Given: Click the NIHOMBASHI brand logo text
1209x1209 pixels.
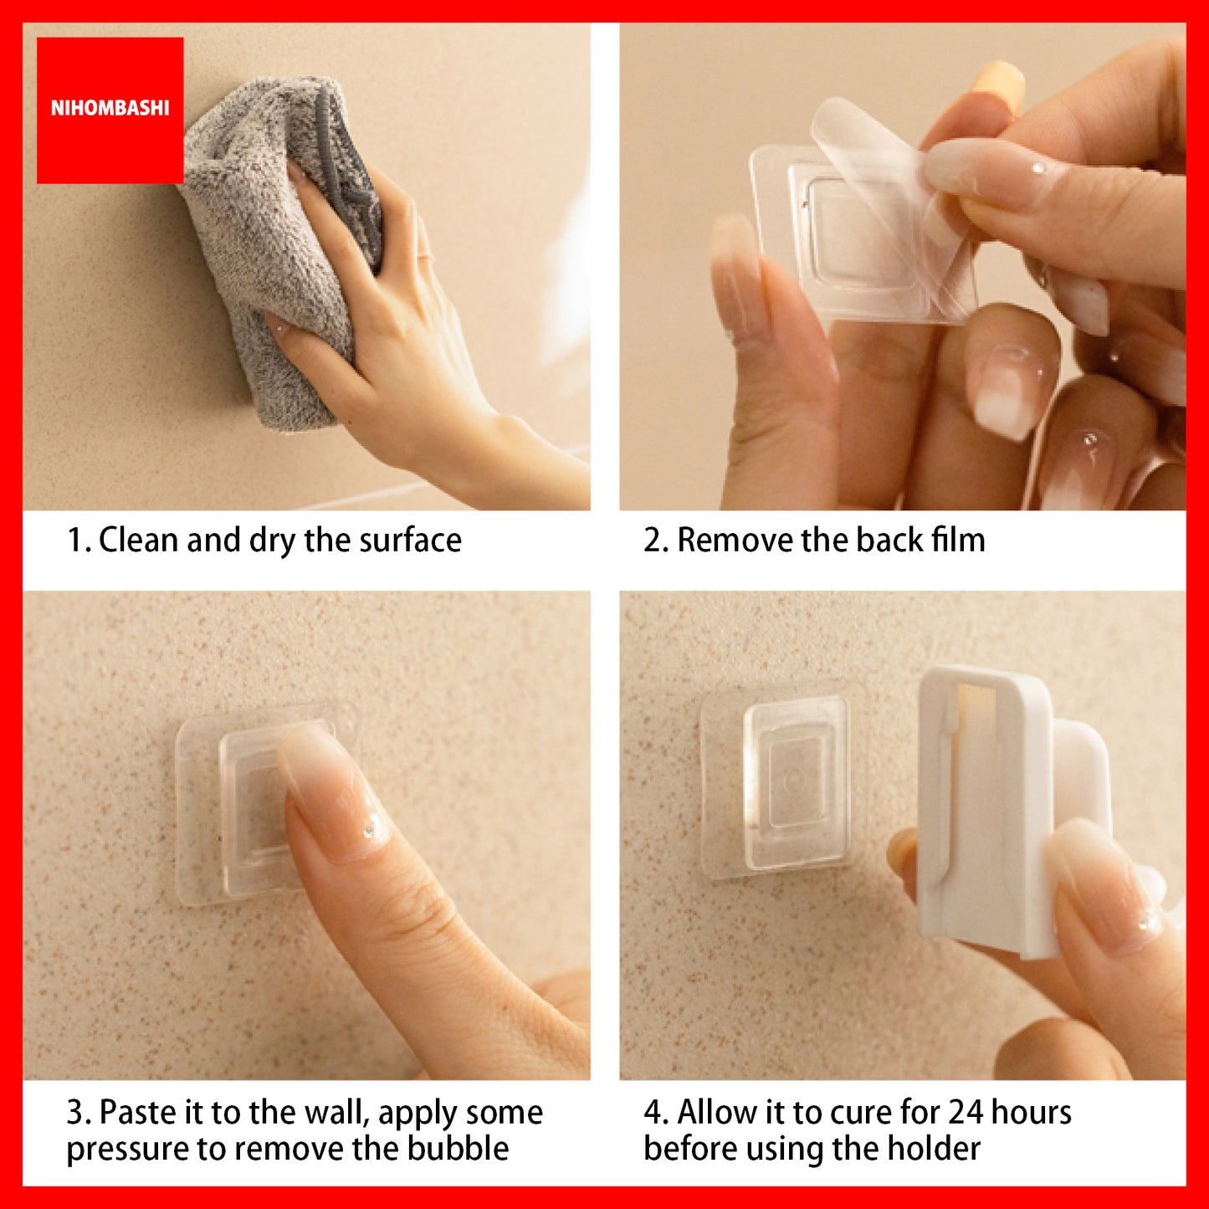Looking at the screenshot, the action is (x=110, y=108).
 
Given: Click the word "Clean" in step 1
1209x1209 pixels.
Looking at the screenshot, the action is (x=139, y=540).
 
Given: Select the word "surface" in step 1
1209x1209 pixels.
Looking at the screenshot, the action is (x=410, y=540).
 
